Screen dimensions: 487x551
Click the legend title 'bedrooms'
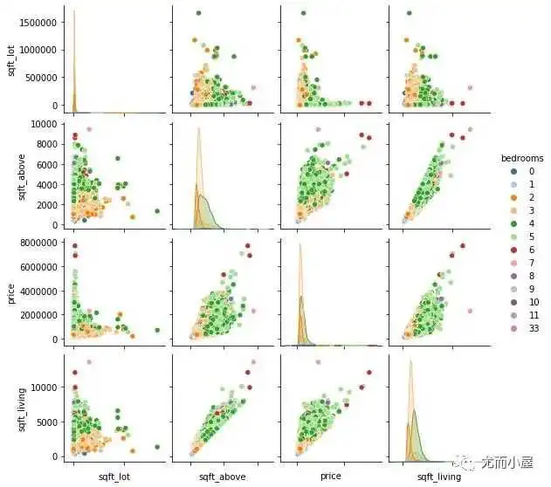point(522,158)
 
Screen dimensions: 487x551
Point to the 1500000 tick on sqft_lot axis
point(39,19)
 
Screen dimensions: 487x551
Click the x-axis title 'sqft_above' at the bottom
point(224,477)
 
